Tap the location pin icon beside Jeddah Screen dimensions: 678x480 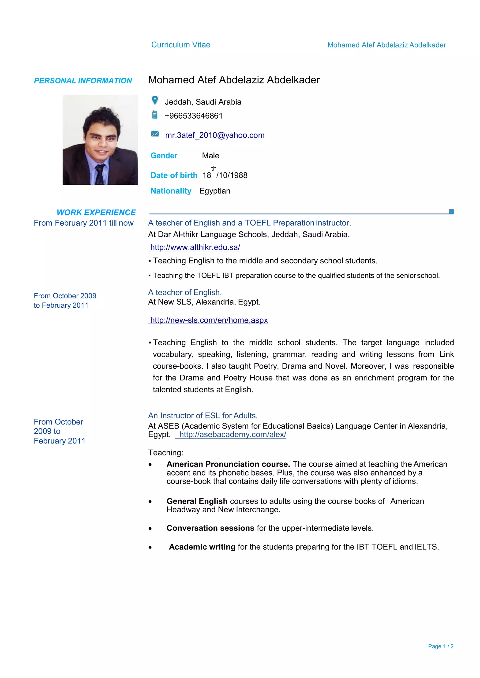pos(155,100)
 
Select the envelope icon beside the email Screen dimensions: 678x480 pos(155,134)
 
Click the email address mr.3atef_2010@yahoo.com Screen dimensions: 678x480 pos(215,135)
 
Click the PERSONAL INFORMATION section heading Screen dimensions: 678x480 pos(83,81)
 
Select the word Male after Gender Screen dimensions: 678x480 pos(210,156)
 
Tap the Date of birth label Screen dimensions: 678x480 pos(174,175)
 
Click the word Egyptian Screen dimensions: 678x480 pos(215,191)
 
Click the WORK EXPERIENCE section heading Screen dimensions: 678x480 pos(96,212)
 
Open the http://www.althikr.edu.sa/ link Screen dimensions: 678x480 pos(195,247)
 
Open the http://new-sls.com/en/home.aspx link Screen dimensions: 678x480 pos(209,320)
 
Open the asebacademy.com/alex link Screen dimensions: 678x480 pos(232,435)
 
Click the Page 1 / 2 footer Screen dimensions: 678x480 pos(440,646)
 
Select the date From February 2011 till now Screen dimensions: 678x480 pos(84,223)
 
